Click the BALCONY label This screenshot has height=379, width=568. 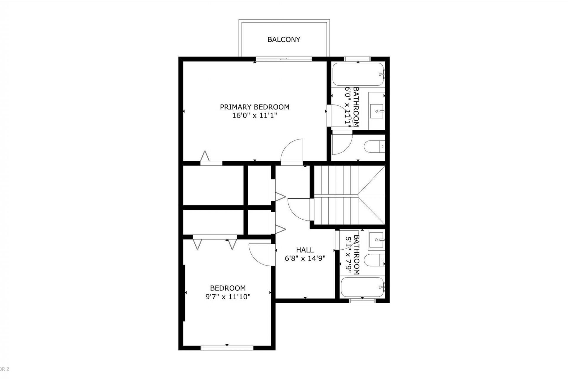pos(284,39)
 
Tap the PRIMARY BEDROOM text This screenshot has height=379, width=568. pos(254,107)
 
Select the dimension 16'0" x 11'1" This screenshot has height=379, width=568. pos(254,115)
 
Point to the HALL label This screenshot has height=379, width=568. pos(305,250)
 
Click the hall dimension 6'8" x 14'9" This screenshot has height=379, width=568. pos(305,258)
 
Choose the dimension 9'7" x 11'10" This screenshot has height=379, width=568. pos(228,296)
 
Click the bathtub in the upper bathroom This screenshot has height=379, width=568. pos(358,74)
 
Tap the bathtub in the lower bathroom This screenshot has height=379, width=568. pos(362,287)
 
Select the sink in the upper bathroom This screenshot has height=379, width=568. pos(377,111)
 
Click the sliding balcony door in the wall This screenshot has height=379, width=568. pos(284,59)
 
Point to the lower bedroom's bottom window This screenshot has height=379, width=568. pos(227,348)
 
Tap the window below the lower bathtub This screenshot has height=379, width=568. pos(362,301)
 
